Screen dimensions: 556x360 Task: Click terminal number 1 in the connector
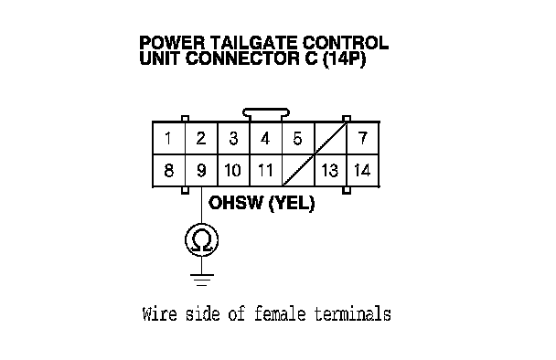[169, 138]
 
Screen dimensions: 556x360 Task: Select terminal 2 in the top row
[201, 138]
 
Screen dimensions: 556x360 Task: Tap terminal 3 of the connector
[233, 138]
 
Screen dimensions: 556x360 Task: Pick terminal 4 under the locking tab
[265, 138]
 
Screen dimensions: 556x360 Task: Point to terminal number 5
[298, 138]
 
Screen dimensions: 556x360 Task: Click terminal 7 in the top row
[363, 138]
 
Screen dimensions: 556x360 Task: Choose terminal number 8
[169, 171]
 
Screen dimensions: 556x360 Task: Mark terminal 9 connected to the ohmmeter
[201, 171]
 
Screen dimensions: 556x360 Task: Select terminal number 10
[233, 171]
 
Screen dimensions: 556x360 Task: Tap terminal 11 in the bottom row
[265, 171]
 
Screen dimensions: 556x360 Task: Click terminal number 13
[330, 171]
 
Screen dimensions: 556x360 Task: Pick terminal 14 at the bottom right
[363, 171]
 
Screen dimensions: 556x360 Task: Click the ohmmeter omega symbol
[201, 240]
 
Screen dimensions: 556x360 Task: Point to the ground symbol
[202, 280]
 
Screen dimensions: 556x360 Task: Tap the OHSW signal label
[236, 203]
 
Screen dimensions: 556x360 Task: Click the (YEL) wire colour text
[292, 204]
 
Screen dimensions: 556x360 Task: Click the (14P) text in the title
[344, 58]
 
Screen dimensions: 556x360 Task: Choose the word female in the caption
[280, 314]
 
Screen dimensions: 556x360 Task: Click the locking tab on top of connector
[266, 113]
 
